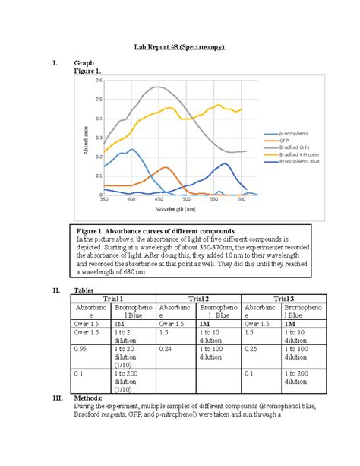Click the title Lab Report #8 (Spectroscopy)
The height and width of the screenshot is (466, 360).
(x=180, y=47)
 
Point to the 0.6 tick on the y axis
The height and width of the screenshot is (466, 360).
(x=98, y=80)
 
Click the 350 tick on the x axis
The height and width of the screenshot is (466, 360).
(x=104, y=200)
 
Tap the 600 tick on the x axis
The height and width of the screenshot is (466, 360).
(x=241, y=200)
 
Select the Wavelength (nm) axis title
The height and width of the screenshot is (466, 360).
(x=175, y=208)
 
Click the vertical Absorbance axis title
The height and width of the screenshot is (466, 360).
(x=87, y=139)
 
